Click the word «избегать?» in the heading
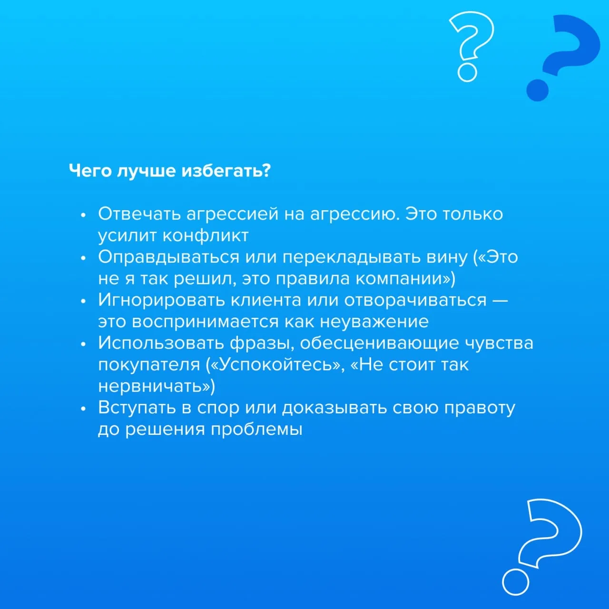click(x=226, y=171)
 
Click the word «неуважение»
click(x=374, y=322)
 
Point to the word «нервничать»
click(x=151, y=386)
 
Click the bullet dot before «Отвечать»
click(x=83, y=215)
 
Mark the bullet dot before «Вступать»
click(x=83, y=409)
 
